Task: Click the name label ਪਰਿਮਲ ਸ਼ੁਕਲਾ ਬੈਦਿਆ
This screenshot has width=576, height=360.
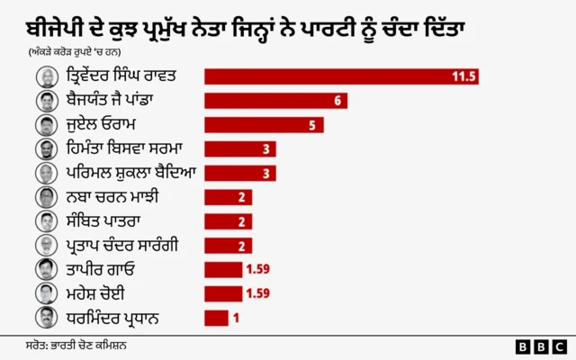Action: point(120,173)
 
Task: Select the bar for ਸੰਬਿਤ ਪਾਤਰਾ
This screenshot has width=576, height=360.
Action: point(223,220)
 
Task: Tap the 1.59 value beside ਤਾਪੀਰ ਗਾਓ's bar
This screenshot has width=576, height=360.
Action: point(257,269)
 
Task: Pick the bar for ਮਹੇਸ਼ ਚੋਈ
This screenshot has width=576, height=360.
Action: point(222,293)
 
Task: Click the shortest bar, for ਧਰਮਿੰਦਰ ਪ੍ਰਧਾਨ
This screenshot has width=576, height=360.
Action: point(216,317)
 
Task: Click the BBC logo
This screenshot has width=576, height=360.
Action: point(540,346)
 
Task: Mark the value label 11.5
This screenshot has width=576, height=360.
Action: point(463,76)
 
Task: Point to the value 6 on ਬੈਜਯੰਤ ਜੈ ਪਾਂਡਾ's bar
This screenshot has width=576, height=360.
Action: point(337,100)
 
